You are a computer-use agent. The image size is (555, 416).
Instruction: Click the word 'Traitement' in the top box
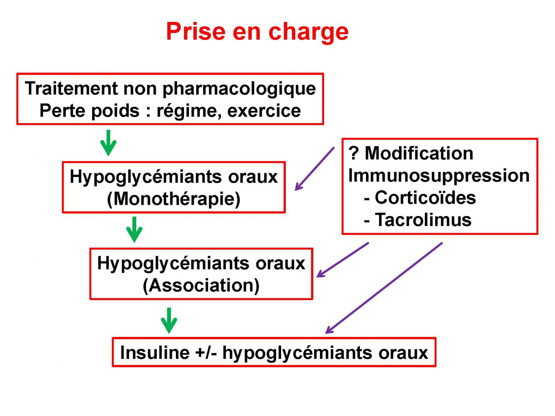tap(71, 88)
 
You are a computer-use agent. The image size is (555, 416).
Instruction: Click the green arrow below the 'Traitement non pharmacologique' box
tap(108, 143)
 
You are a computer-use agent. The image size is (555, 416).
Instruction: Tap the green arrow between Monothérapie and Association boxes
tap(134, 230)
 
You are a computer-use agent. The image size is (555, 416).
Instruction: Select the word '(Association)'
tap(201, 286)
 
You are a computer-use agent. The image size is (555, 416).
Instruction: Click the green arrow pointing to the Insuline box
tap(169, 321)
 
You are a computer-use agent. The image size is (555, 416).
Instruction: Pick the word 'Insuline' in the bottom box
tap(155, 352)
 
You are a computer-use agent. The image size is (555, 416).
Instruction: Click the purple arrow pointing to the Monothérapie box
tap(315, 169)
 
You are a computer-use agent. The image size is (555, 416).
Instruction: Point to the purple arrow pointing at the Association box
tap(343, 260)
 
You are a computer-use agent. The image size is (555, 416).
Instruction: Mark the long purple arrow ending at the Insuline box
tap(384, 288)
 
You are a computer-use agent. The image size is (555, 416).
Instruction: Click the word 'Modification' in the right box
tap(419, 153)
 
